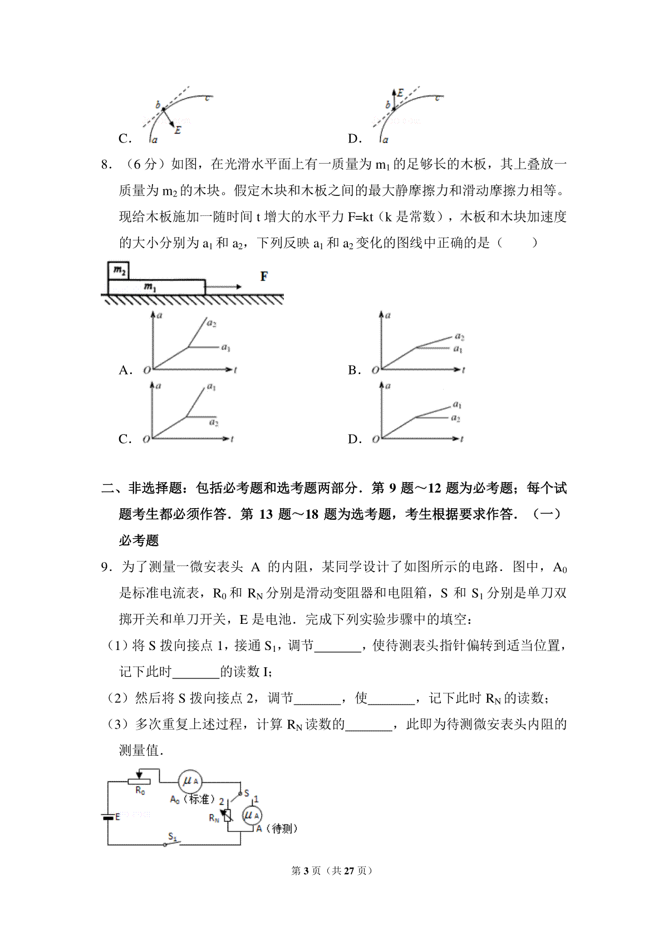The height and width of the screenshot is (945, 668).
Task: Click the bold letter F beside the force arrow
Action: coord(264,276)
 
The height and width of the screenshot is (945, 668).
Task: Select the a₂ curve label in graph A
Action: coord(212,323)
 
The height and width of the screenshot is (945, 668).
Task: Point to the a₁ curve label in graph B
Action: coord(458,349)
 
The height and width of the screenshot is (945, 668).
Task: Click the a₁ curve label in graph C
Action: coord(212,387)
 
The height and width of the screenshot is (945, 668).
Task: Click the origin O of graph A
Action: coord(146,370)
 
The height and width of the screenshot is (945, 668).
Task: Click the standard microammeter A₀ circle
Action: coord(190,781)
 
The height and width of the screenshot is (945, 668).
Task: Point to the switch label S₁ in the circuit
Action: coord(173,836)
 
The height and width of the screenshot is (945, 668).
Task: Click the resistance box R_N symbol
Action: coord(227,816)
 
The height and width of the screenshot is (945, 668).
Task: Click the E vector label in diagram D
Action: coord(400,93)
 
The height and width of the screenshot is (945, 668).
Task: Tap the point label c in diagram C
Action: coord(208,99)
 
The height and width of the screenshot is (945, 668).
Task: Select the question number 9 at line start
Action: coord(104,567)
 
